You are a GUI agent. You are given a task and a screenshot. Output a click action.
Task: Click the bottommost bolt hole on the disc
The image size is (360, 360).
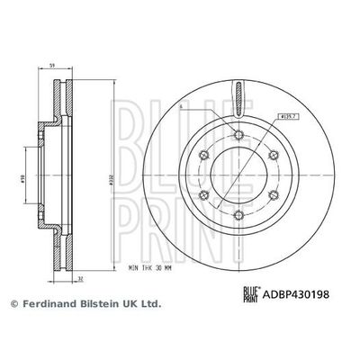(237, 215)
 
